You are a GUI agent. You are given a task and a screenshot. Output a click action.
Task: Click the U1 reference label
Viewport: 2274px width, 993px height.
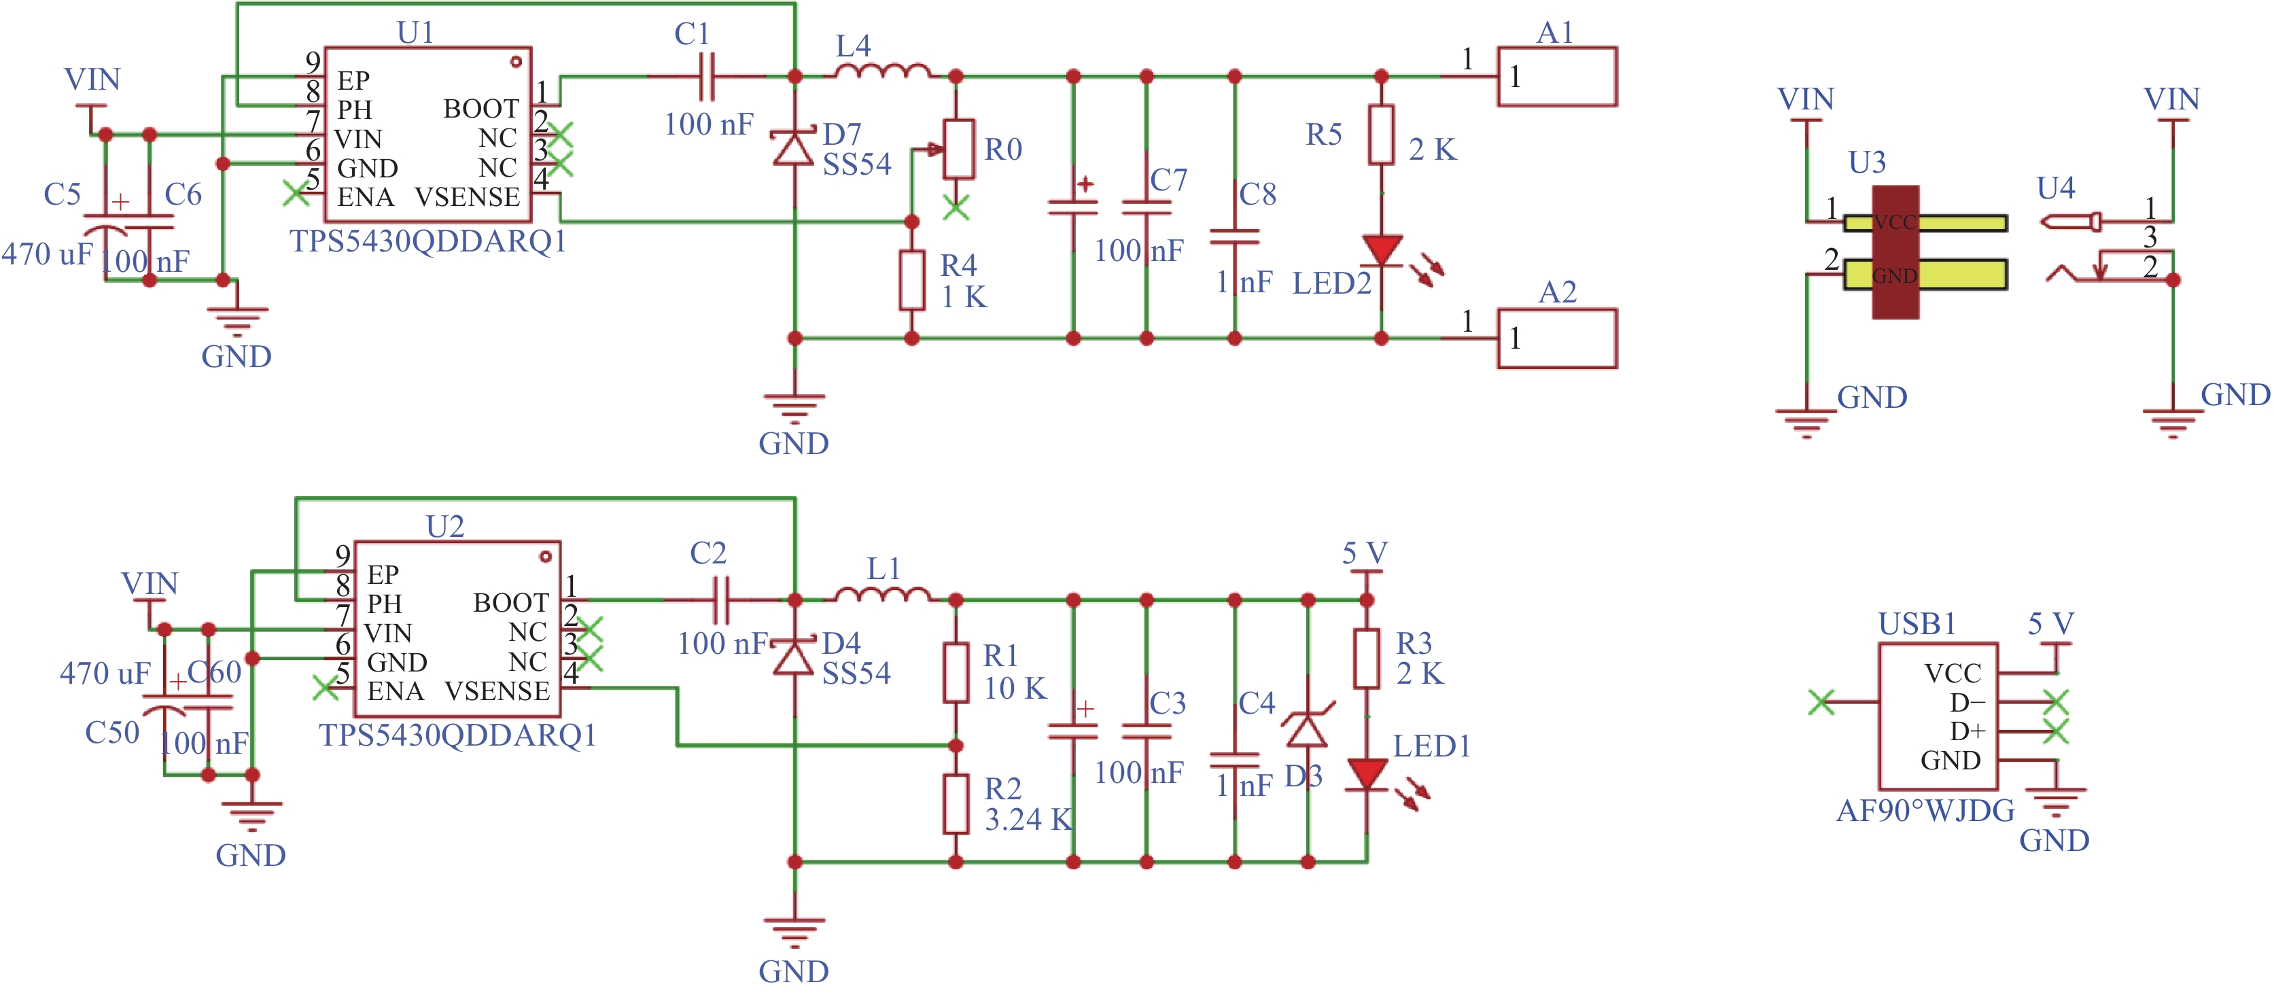pyautogui.click(x=416, y=32)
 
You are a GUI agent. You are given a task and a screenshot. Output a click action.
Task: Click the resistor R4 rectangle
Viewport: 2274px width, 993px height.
pyautogui.click(x=912, y=281)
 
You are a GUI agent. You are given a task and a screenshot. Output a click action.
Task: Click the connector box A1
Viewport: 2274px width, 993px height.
pyautogui.click(x=1557, y=77)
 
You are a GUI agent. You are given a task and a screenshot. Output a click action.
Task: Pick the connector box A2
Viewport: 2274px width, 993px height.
pyautogui.click(x=1557, y=338)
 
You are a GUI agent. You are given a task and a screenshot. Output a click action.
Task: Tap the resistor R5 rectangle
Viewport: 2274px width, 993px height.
pyautogui.click(x=1382, y=134)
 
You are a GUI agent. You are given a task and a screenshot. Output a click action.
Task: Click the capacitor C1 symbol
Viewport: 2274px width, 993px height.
pyautogui.click(x=706, y=77)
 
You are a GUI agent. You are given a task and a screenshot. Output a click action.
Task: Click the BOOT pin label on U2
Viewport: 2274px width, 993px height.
pyautogui.click(x=511, y=603)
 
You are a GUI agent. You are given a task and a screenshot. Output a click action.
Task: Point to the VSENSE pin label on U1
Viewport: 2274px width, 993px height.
pyautogui.click(x=467, y=197)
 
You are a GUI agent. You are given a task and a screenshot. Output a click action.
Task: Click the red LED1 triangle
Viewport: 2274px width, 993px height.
pyautogui.click(x=1367, y=774)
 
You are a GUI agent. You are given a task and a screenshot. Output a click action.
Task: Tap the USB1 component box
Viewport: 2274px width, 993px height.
pyautogui.click(x=1938, y=716)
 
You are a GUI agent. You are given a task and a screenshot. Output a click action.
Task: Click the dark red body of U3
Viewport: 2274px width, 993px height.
pyautogui.click(x=1895, y=251)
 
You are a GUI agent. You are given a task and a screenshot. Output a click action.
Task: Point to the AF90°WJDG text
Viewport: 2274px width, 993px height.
pyautogui.click(x=1925, y=810)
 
